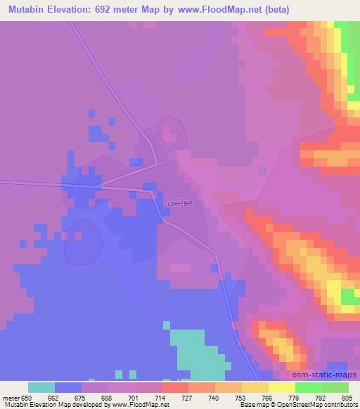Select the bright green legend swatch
click(308, 387)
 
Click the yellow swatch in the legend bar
click(281, 387)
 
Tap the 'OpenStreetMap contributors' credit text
click(312, 405)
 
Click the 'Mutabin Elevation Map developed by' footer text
click(43, 405)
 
